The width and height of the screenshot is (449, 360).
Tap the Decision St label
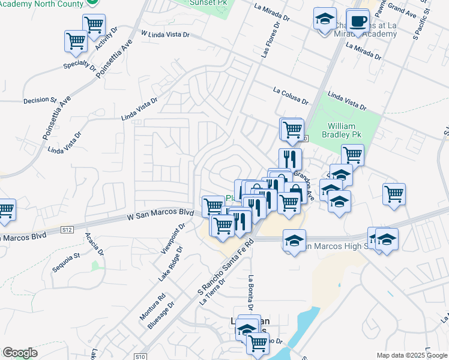[40, 100]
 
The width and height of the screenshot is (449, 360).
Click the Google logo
[20, 353]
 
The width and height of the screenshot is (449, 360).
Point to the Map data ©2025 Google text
[411, 355]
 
